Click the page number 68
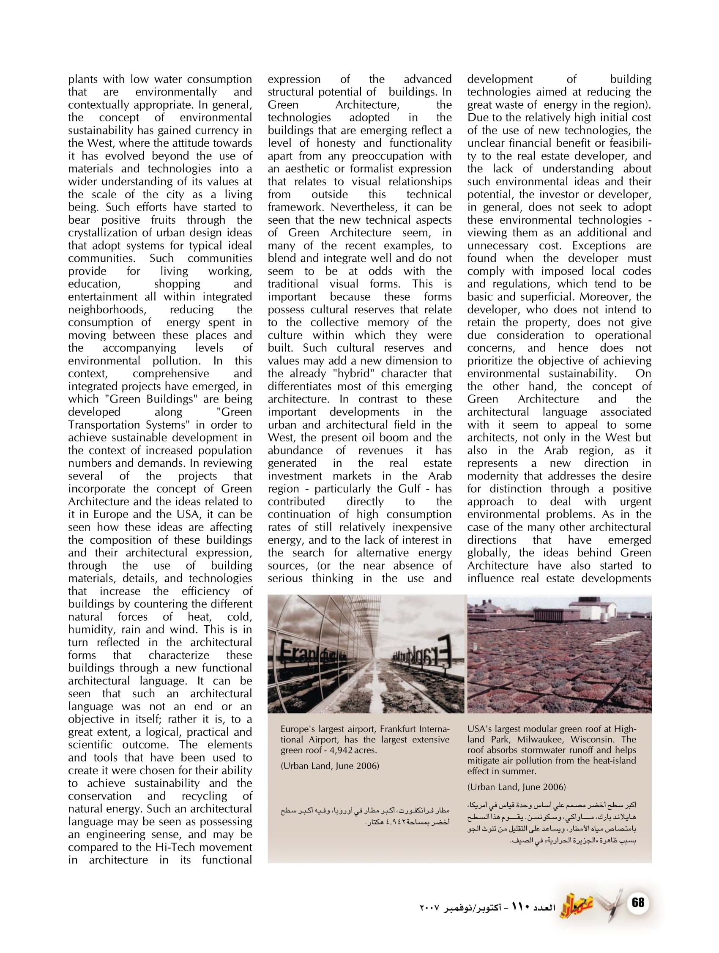click(x=637, y=902)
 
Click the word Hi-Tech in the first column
click(x=176, y=847)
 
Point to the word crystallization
click(x=101, y=233)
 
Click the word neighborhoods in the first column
click(x=107, y=310)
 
